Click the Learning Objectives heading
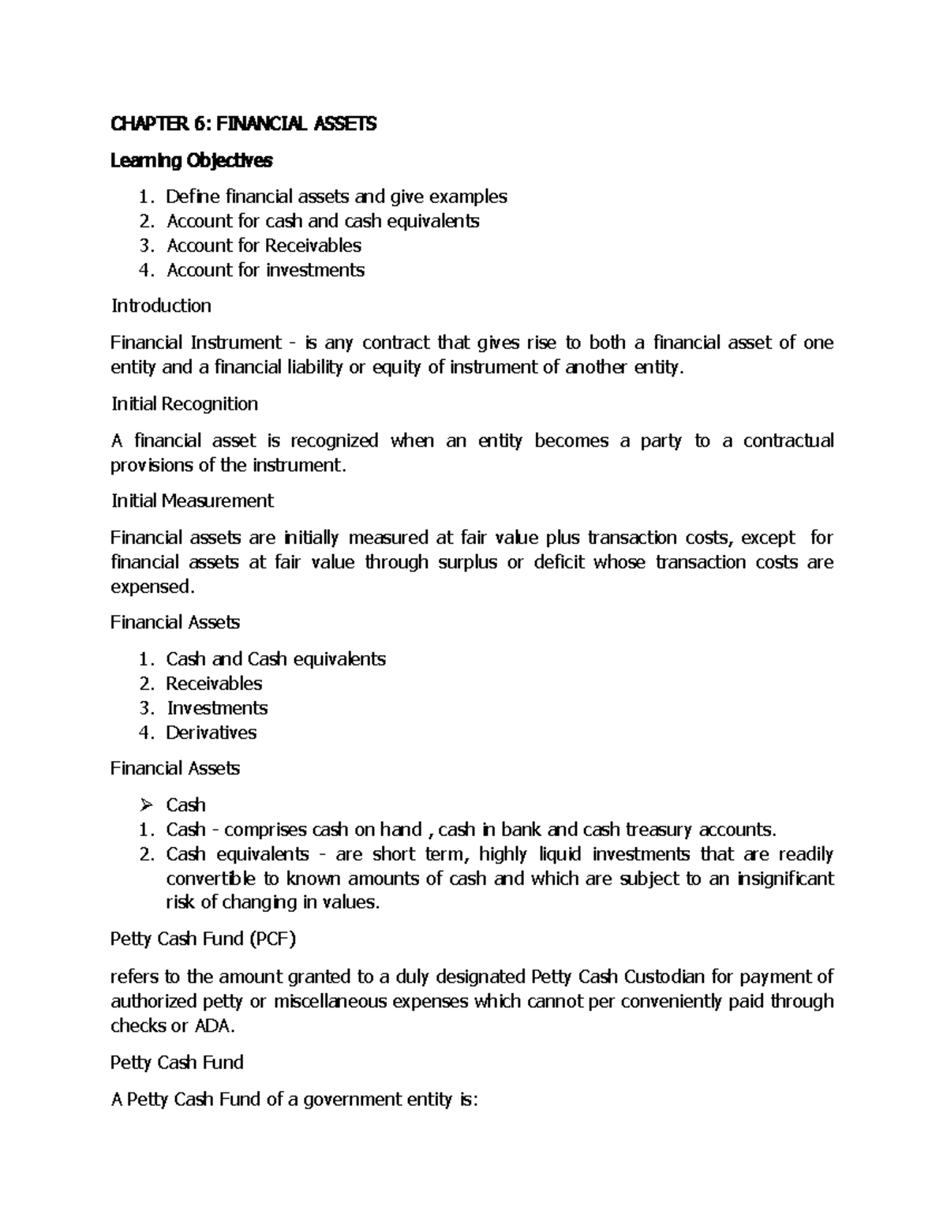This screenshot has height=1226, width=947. pos(192,161)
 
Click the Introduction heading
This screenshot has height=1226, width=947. pos(161,306)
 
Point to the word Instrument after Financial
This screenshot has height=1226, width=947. pos(234,343)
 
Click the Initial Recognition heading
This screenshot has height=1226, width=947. pos(185,404)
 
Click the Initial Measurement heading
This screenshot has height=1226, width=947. pos(193,501)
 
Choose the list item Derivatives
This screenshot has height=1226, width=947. pos(211,733)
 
